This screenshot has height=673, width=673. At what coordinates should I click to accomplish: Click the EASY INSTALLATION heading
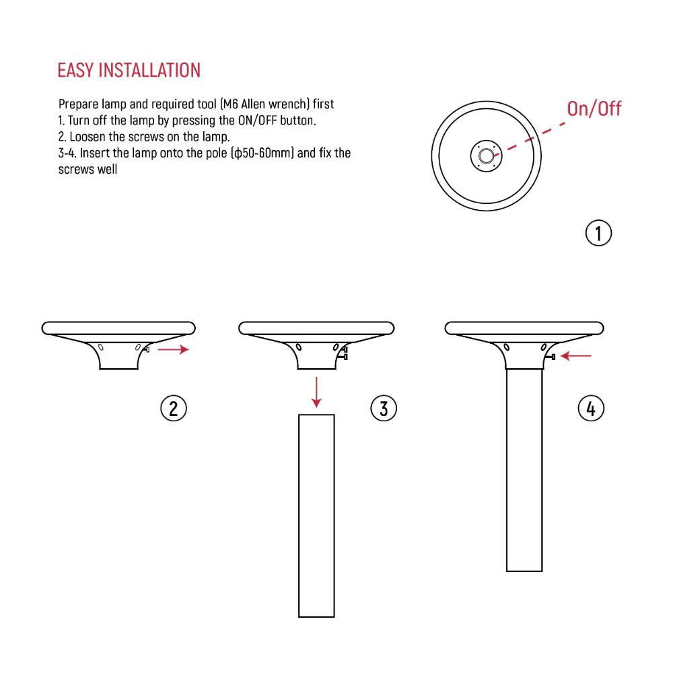point(129,70)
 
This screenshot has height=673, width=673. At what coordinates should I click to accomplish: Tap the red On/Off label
point(594,108)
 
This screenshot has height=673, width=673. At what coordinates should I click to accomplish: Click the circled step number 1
point(598,233)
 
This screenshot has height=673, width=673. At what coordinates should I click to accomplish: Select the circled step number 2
point(173,408)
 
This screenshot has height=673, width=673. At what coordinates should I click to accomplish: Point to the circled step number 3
point(384,408)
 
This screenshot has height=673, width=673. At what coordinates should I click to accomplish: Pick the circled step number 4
point(591,408)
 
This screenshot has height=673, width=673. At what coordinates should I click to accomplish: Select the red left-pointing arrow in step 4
point(576,355)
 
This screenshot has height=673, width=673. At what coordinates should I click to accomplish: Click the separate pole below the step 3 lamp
point(316,515)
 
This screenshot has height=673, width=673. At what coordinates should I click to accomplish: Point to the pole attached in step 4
point(524,471)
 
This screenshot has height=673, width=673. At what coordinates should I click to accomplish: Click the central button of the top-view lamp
point(485,156)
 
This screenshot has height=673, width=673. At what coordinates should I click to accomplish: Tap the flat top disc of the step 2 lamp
point(118,328)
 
